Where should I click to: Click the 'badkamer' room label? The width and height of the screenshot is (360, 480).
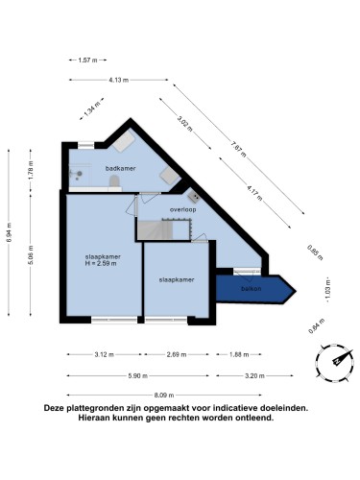[x=119, y=168]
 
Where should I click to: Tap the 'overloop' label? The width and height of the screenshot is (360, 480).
[x=183, y=208]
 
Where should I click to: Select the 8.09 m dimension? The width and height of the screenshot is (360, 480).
[x=180, y=396]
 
